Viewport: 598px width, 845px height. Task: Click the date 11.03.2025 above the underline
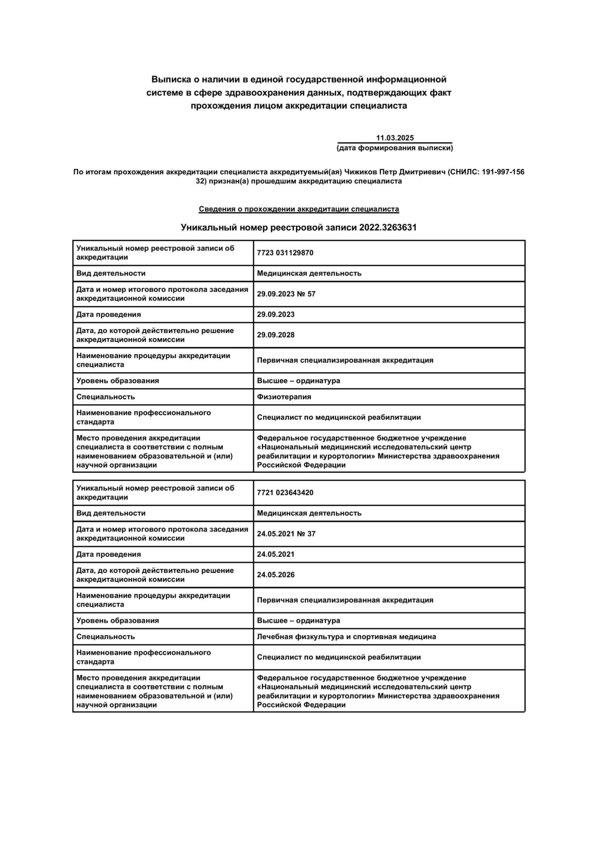[x=395, y=138]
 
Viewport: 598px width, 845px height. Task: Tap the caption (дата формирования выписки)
[x=395, y=148]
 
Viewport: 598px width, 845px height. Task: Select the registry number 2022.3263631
[x=388, y=227]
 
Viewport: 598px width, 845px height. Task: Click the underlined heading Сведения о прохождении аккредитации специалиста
[x=299, y=209]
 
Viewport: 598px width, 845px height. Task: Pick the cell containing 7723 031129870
[x=285, y=253]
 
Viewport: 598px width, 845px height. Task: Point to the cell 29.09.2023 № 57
[x=286, y=294]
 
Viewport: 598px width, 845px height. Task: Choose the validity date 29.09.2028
[x=276, y=335]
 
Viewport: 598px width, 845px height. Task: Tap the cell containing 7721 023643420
[x=285, y=493]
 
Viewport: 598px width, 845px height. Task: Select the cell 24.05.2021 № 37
[x=286, y=534]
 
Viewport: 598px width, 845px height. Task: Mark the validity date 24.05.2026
[x=276, y=575]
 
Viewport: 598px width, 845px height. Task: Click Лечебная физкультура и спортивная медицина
[x=346, y=637]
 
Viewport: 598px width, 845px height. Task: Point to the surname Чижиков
[x=360, y=172]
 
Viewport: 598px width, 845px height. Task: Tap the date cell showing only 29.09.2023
[x=276, y=314]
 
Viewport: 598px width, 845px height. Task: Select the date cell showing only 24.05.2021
[x=276, y=554]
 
